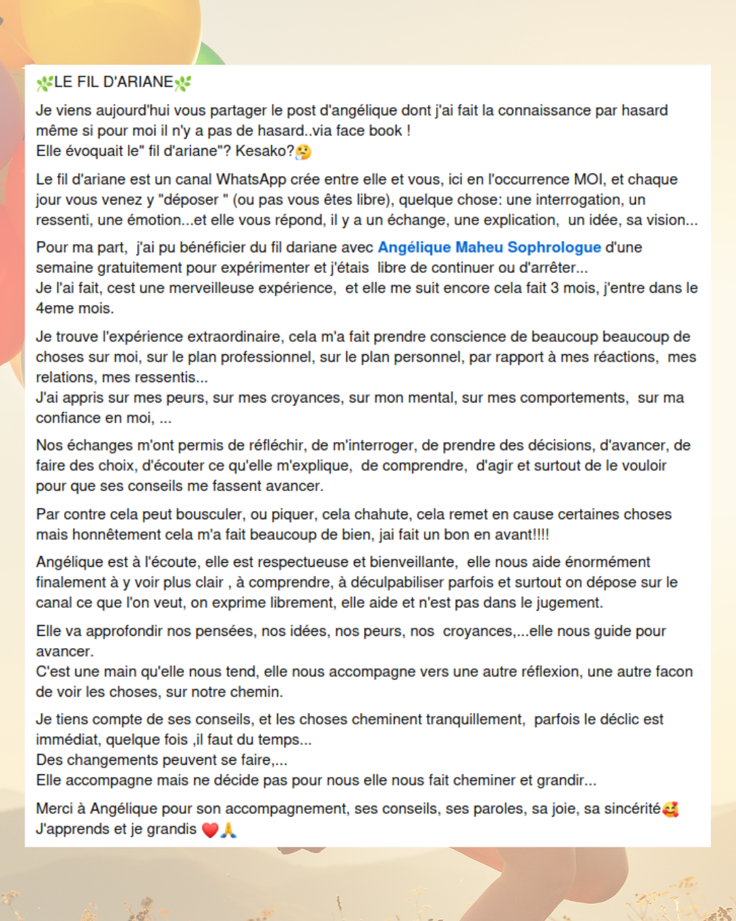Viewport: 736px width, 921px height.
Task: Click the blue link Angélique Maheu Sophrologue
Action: point(489,247)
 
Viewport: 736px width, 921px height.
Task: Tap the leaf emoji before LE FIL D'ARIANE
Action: point(44,83)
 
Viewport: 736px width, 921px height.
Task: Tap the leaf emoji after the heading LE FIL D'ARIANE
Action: point(183,83)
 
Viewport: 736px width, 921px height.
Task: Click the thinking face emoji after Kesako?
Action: point(303,151)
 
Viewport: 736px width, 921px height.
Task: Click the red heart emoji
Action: point(210,830)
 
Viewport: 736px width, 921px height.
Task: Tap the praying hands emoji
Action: point(228,830)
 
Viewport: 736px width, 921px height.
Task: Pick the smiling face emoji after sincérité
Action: point(671,809)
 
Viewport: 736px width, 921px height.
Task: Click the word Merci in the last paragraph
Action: point(54,808)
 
